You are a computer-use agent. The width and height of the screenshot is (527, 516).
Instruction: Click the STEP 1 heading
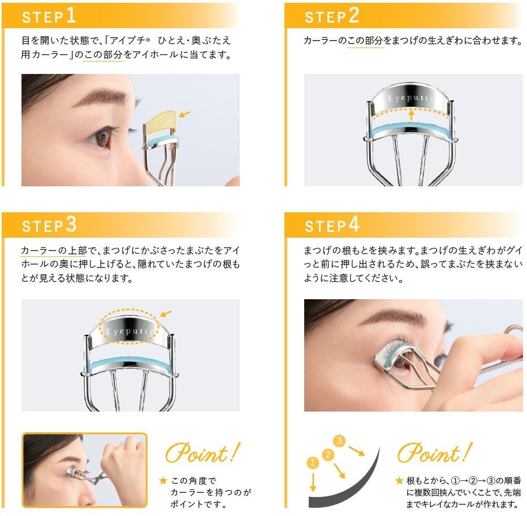click(49, 16)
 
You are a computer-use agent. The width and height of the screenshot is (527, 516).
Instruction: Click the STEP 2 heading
click(331, 16)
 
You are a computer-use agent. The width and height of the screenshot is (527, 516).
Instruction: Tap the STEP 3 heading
click(49, 225)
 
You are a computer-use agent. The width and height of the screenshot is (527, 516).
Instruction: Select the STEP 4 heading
click(331, 225)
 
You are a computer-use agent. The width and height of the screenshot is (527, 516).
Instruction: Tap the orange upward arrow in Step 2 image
click(411, 115)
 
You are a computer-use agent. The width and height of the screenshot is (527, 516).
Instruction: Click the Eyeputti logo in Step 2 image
click(411, 98)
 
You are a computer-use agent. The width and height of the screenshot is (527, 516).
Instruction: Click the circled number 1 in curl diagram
click(312, 462)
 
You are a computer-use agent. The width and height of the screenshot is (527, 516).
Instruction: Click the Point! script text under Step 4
click(434, 453)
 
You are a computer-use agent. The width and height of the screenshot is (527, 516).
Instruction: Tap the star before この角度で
click(163, 481)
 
